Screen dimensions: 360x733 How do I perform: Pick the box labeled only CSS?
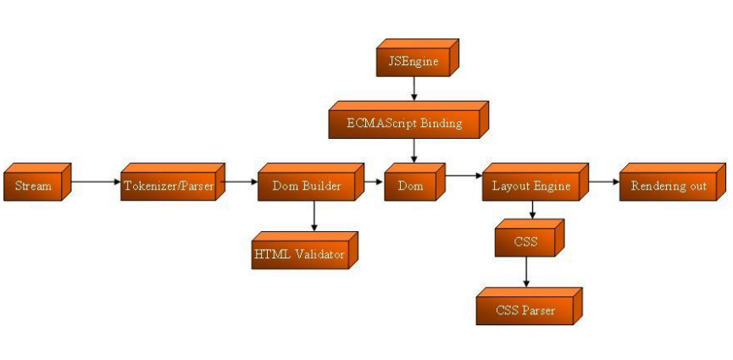(525, 241)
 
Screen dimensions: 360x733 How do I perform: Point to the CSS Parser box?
(525, 310)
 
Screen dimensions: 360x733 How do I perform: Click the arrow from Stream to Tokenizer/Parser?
(95, 180)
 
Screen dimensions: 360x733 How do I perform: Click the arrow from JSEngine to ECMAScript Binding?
(412, 89)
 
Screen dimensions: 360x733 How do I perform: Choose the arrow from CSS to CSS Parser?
(526, 273)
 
